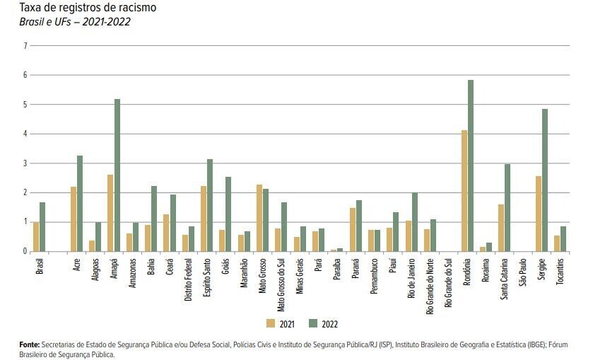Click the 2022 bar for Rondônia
point(471,166)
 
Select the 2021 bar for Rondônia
point(464,190)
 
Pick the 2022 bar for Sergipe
point(545,180)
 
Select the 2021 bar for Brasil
point(36,236)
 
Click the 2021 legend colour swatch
point(271,323)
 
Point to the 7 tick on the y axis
point(25,46)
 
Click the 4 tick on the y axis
point(25,134)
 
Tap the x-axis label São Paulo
point(523,272)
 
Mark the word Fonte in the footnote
point(30,344)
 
